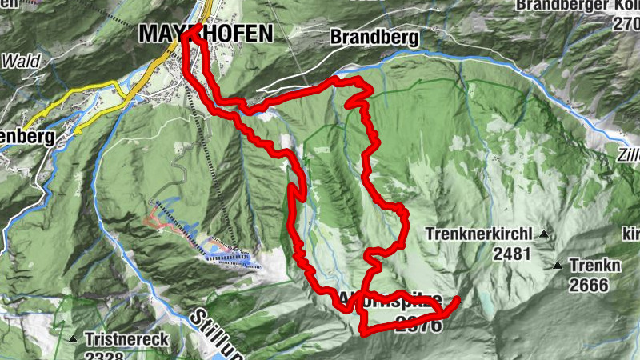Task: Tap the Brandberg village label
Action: pyautogui.click(x=362, y=37)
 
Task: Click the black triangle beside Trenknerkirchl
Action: pyautogui.click(x=544, y=234)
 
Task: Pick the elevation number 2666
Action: pyautogui.click(x=589, y=284)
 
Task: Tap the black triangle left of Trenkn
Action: pyautogui.click(x=558, y=264)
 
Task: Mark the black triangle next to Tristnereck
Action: pyautogui.click(x=74, y=339)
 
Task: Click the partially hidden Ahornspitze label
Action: pyautogui.click(x=392, y=302)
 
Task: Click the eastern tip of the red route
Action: pyautogui.click(x=458, y=300)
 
